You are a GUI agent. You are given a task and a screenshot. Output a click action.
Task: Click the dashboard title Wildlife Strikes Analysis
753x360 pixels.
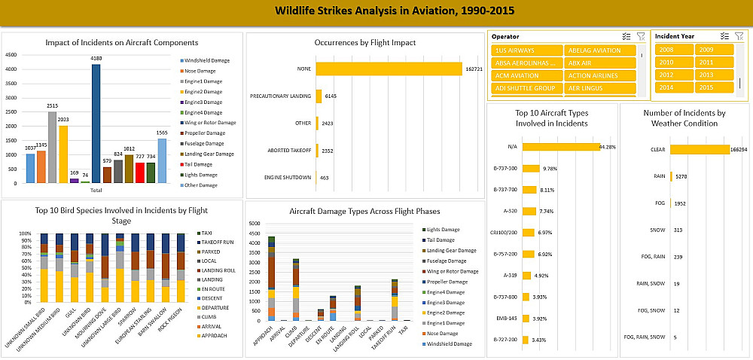[x=376, y=12]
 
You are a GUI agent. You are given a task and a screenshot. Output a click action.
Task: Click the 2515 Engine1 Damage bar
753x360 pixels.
[x=52, y=147]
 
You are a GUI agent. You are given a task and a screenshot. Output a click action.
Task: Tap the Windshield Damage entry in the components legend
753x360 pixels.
[x=207, y=60]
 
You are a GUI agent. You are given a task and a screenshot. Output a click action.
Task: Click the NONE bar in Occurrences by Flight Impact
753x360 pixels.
[x=389, y=69]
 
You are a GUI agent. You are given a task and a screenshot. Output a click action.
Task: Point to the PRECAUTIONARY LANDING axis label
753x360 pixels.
[x=280, y=96]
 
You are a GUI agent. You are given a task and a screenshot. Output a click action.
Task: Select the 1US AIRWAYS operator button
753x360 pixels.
[x=526, y=50]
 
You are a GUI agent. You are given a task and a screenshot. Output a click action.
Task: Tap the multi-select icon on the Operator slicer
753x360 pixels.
[x=626, y=36]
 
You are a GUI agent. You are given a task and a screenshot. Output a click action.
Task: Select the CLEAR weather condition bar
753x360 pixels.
[x=700, y=150]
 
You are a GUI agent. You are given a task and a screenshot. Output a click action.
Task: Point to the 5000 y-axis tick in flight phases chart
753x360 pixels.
[x=255, y=224]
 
